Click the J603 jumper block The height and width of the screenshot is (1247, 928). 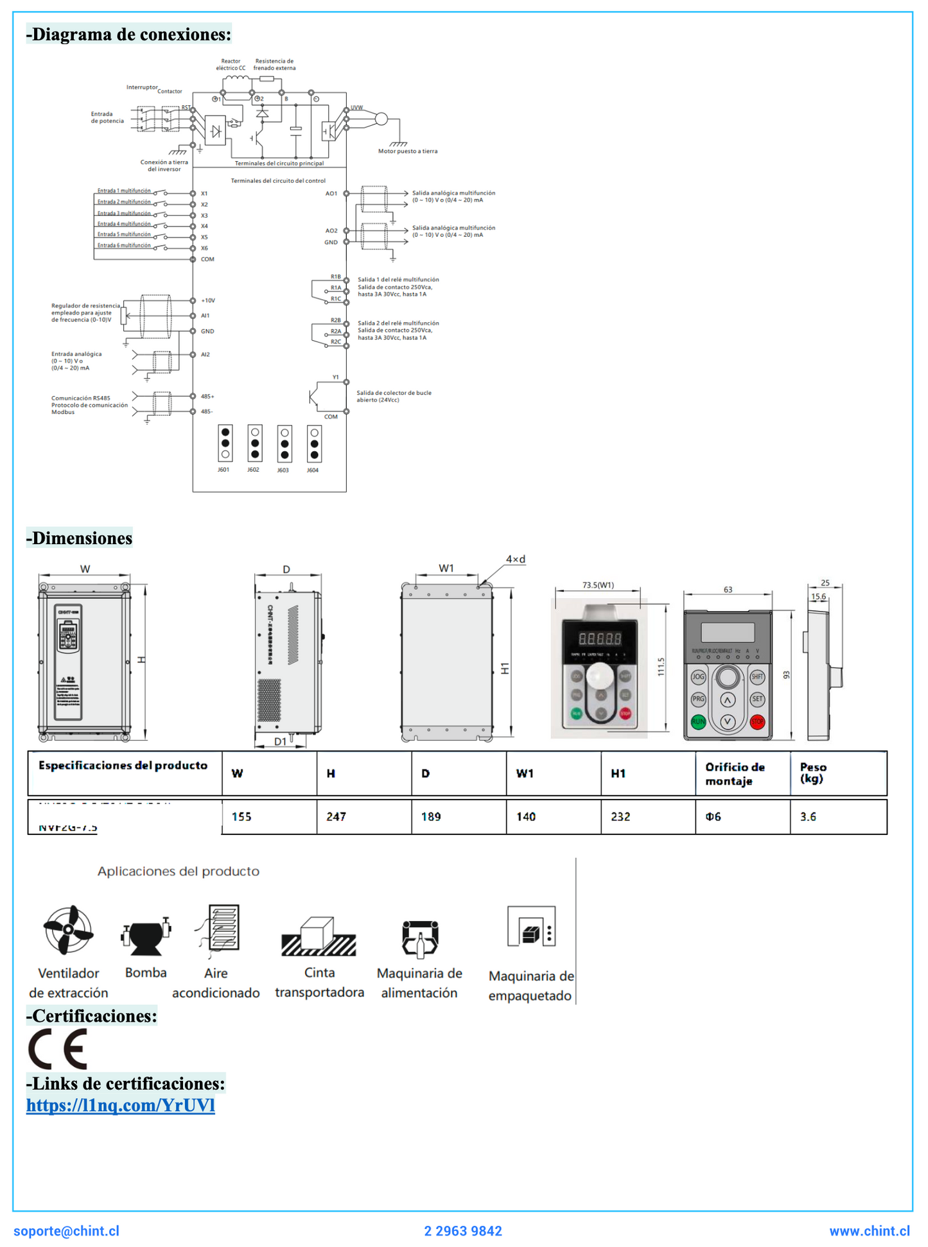tap(285, 443)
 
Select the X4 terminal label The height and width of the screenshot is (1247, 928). tap(204, 226)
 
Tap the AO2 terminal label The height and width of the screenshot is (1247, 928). tap(331, 230)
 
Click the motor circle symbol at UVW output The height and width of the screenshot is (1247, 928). tap(381, 119)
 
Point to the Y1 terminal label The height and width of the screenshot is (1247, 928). tap(335, 377)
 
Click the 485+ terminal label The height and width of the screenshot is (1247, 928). tap(207, 397)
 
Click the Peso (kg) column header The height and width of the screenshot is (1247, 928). tap(813, 773)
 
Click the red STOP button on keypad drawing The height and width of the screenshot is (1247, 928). tap(757, 721)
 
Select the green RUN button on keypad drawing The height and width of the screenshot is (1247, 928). tap(698, 721)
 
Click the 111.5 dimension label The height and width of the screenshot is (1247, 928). tap(661, 667)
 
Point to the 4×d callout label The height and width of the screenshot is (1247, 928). tap(515, 559)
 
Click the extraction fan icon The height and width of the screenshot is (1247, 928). tap(68, 929)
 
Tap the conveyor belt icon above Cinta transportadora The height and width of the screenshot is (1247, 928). tap(319, 937)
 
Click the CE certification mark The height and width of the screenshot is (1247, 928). tap(58, 1049)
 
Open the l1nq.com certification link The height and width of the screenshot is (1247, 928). tap(120, 1105)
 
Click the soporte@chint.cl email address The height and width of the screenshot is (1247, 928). tap(66, 1230)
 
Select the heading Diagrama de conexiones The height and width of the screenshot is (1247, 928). tap(128, 34)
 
